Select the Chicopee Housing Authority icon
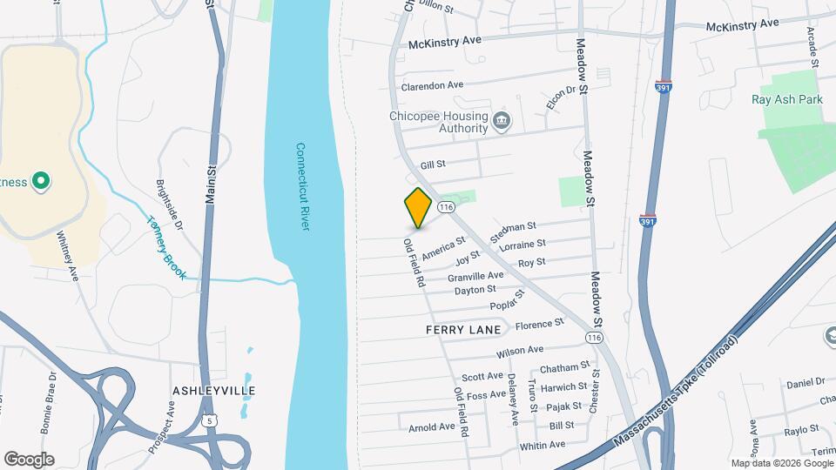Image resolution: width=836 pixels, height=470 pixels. (x=501, y=120)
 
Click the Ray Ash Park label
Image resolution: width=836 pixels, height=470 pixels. (x=786, y=99)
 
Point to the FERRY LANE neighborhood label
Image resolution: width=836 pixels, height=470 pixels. (x=463, y=330)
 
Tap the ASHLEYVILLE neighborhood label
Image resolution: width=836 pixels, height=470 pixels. (x=214, y=390)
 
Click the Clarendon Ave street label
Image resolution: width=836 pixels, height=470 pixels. (x=432, y=86)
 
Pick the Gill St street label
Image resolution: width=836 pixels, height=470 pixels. (x=433, y=164)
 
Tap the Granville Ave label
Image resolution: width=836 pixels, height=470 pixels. (x=476, y=275)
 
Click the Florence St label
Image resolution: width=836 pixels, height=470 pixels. (x=540, y=325)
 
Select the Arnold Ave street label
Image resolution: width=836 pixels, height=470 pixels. (x=432, y=427)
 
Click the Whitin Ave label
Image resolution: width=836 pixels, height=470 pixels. (x=542, y=446)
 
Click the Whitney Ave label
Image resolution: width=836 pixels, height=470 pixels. (x=68, y=255)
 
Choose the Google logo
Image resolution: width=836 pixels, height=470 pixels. (x=29, y=460)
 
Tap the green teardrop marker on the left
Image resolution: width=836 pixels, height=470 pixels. (x=39, y=182)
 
